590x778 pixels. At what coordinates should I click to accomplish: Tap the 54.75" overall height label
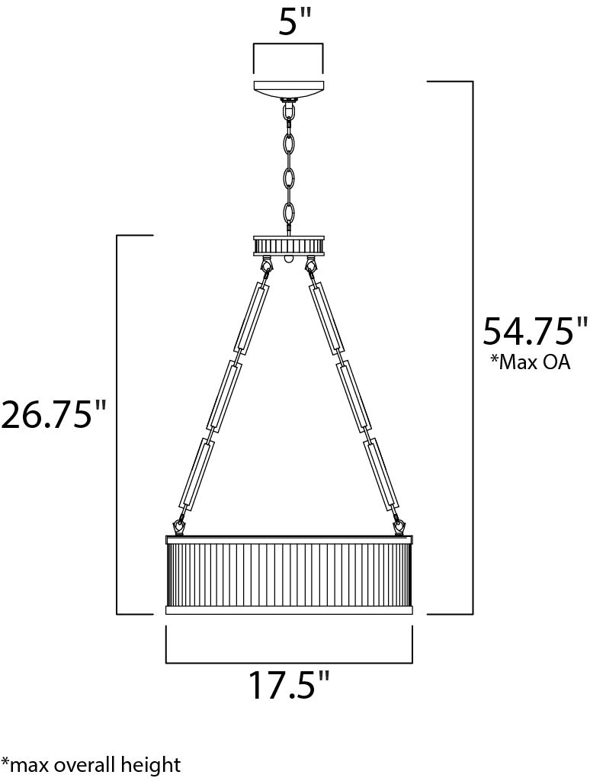(528, 331)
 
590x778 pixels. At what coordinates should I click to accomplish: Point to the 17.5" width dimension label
(288, 685)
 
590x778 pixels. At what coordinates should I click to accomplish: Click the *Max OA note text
(530, 362)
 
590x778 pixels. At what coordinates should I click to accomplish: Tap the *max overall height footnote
(91, 764)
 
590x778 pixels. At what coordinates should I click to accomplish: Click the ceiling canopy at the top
(288, 89)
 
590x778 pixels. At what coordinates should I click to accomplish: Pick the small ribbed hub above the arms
(288, 246)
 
